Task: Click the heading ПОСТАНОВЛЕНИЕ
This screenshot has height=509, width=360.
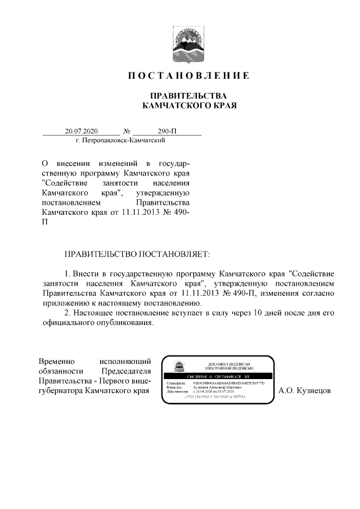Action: tap(188, 75)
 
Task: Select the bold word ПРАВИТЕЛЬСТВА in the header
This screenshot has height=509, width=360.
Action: tap(188, 95)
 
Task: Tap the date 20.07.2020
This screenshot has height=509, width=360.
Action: tap(81, 131)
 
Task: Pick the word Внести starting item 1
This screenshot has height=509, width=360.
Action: tap(87, 272)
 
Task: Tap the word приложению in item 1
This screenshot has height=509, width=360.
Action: tap(66, 303)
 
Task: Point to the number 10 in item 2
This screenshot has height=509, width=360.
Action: tap(259, 313)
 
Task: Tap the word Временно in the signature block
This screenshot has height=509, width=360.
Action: tap(58, 361)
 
